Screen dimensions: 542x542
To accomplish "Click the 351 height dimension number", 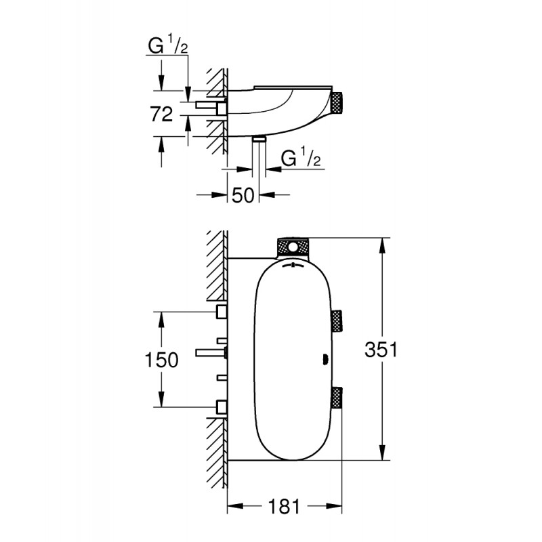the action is [x=381, y=350].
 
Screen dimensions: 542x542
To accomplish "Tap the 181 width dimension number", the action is [x=283, y=507].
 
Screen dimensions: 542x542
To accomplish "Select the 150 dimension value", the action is [x=161, y=360].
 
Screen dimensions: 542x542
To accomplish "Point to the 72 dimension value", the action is [x=161, y=114].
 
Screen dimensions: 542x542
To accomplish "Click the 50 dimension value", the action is [x=243, y=195].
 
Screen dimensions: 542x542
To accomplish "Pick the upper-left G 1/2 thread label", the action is [x=168, y=46].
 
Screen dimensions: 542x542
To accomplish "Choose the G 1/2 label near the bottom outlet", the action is [x=301, y=158].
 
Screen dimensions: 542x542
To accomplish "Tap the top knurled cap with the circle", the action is [x=293, y=247].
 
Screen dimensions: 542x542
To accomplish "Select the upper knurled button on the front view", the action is [x=337, y=321].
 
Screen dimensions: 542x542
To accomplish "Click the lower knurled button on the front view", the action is [x=337, y=398].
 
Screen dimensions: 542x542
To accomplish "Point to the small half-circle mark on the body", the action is [x=325, y=360].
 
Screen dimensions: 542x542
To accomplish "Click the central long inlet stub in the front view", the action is [x=211, y=352].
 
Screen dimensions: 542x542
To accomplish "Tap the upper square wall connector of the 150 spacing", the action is [x=222, y=312].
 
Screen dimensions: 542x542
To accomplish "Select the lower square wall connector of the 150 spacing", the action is [x=222, y=406].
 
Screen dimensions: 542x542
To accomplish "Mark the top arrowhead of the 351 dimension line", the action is [x=383, y=245].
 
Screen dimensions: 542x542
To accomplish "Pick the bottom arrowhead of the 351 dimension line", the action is [x=383, y=453].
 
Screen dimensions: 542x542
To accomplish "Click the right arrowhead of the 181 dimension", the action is [x=334, y=506].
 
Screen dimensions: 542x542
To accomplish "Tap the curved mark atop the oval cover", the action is [x=293, y=266].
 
